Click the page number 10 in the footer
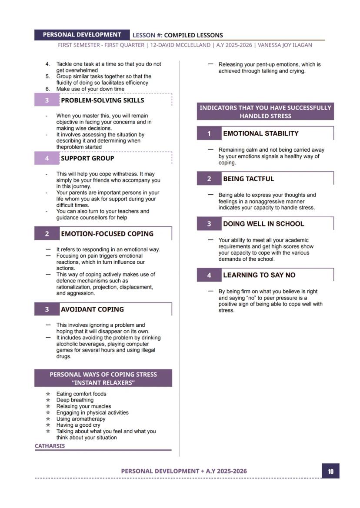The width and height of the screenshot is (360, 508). click(x=330, y=471)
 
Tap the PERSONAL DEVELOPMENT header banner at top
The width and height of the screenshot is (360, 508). click(x=82, y=35)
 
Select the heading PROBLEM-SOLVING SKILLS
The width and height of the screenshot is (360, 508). click(x=102, y=100)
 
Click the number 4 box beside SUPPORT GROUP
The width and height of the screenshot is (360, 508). click(x=47, y=158)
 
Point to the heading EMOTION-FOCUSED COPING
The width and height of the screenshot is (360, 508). click(x=107, y=234)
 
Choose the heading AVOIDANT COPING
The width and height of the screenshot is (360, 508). click(x=92, y=309)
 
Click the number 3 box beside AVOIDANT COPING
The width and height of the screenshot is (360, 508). click(x=47, y=309)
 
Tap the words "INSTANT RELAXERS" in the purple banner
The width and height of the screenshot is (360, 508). click(x=103, y=382)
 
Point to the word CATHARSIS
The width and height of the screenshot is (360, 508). click(x=50, y=446)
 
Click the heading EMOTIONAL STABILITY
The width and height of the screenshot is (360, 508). click(x=260, y=133)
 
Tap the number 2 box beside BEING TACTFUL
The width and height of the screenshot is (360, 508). click(x=209, y=179)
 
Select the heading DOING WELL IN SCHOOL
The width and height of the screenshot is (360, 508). click(x=263, y=224)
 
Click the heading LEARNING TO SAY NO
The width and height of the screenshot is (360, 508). click(x=259, y=275)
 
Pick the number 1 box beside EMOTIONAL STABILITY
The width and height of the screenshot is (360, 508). click(x=209, y=133)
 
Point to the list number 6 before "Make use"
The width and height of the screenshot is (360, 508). click(x=48, y=89)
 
